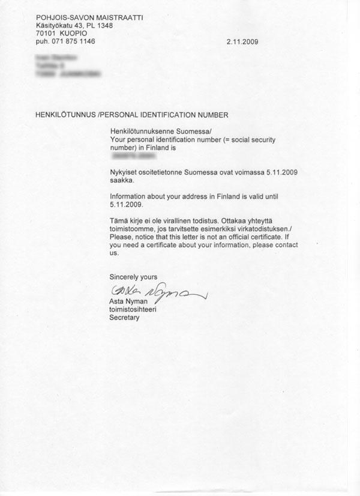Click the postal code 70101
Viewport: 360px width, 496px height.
click(x=47, y=34)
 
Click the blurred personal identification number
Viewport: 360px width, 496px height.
click(x=134, y=156)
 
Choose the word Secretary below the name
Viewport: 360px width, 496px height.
click(x=124, y=318)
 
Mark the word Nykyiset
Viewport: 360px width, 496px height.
click(x=124, y=172)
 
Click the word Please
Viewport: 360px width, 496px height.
click(x=121, y=237)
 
